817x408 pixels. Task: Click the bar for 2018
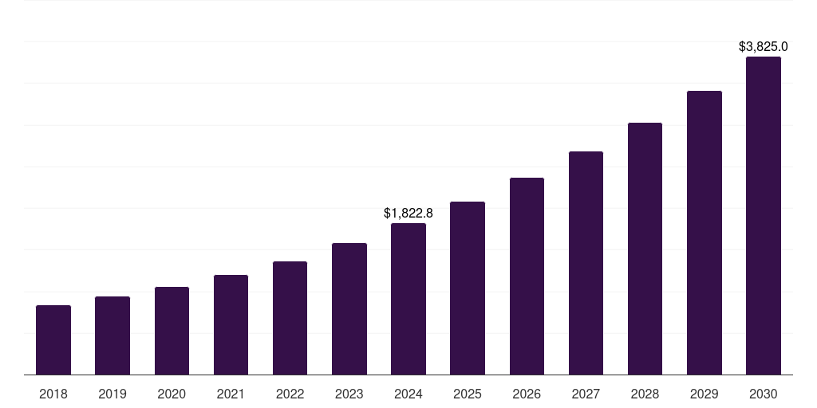click(53, 340)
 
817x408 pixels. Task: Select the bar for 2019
click(112, 335)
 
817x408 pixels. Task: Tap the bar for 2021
click(231, 325)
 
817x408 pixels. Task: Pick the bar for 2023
click(349, 309)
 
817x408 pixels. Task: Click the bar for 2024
click(408, 299)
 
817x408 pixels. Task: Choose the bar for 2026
click(527, 277)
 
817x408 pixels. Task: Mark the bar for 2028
click(645, 249)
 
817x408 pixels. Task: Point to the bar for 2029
click(705, 233)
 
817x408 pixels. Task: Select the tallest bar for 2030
click(764, 216)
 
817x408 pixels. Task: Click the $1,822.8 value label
click(408, 213)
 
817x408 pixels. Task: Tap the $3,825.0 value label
click(764, 47)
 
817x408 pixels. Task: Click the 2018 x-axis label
click(53, 394)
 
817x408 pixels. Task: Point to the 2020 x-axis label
click(172, 394)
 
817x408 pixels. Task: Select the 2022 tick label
click(290, 394)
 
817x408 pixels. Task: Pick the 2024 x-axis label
click(408, 394)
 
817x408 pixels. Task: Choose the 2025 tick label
click(468, 394)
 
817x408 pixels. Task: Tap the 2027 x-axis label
click(586, 394)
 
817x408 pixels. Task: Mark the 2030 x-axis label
click(764, 394)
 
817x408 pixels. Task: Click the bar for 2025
click(468, 288)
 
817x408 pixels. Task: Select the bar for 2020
click(172, 331)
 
